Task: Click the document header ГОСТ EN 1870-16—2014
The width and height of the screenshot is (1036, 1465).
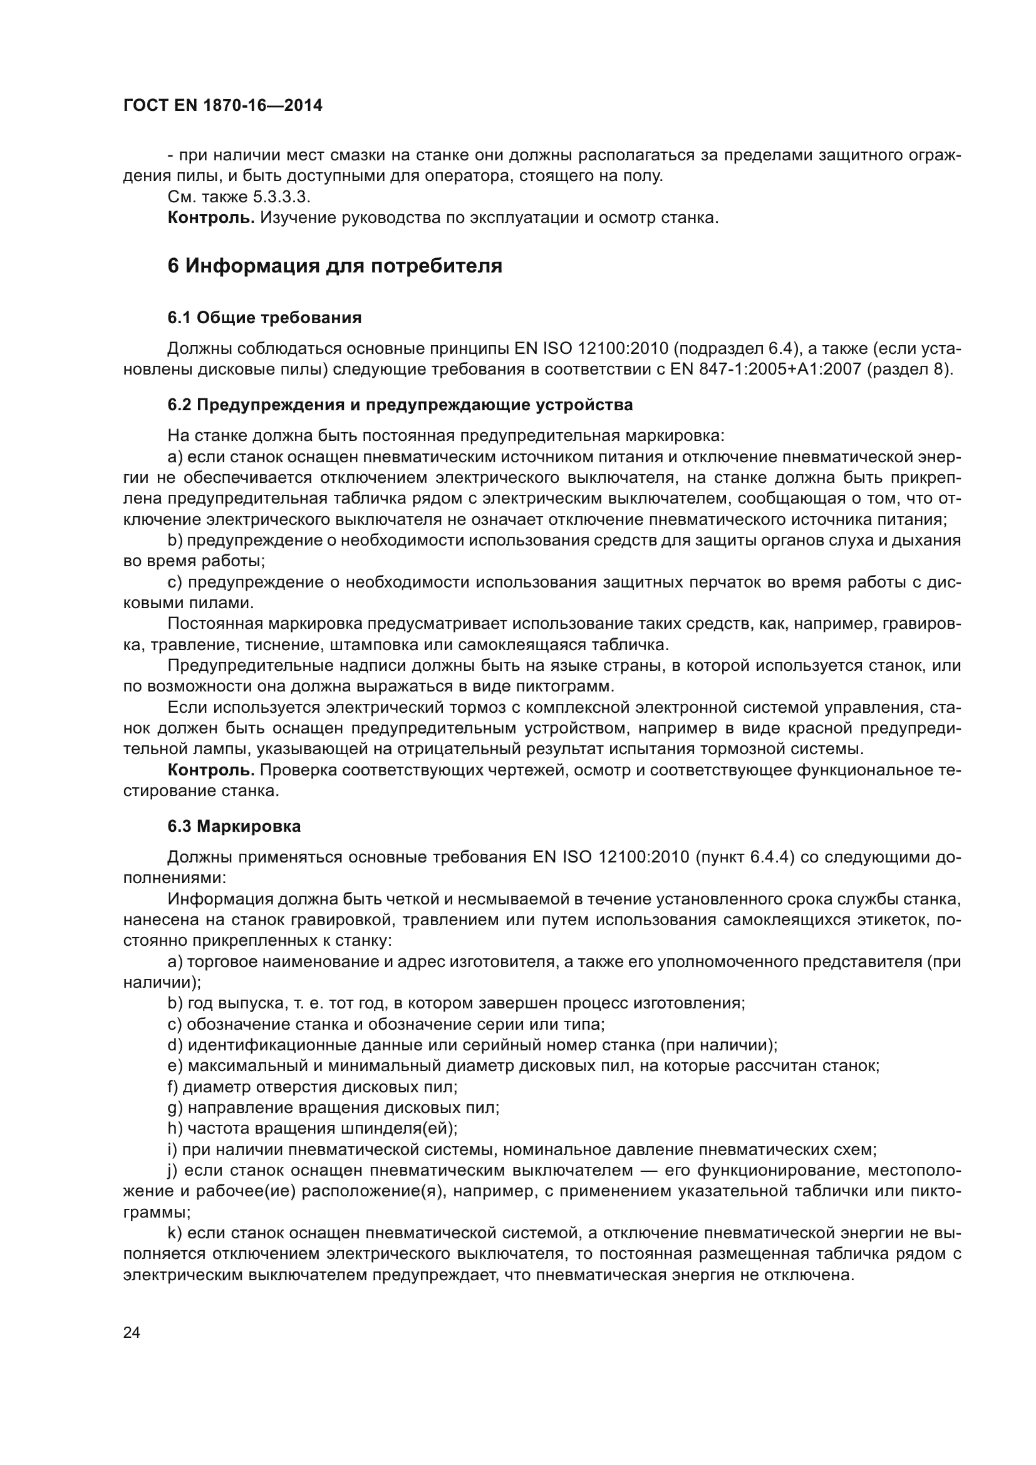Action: tap(222, 106)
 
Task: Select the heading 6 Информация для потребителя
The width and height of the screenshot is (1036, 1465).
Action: tap(334, 266)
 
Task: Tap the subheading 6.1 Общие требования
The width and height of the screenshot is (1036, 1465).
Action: tap(264, 318)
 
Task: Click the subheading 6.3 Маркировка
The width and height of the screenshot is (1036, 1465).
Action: tap(234, 827)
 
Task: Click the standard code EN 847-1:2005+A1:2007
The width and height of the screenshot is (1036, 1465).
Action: tap(765, 370)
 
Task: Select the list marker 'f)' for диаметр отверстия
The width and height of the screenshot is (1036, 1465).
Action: tap(172, 1087)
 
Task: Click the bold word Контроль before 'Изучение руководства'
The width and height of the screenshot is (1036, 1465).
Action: tap(211, 218)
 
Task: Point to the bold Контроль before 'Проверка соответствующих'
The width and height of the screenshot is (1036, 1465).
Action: tap(211, 771)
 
